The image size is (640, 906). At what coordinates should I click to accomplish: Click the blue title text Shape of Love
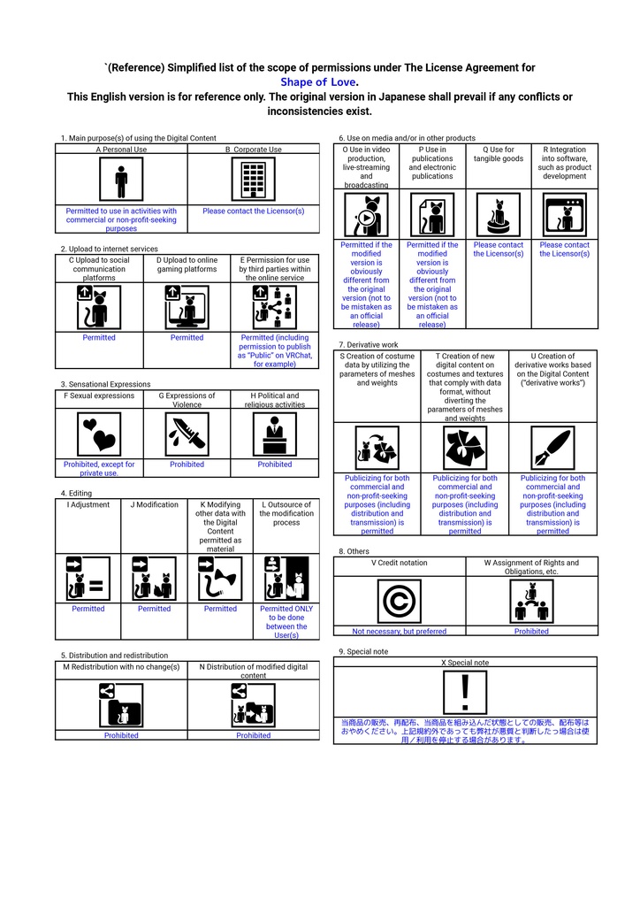tap(318, 82)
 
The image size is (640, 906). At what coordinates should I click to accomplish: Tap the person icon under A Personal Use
tap(121, 180)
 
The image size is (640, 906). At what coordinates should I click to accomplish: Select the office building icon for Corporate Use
tap(254, 180)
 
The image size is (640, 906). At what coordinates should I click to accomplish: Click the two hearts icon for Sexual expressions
tap(99, 434)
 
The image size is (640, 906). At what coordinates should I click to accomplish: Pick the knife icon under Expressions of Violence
tap(187, 434)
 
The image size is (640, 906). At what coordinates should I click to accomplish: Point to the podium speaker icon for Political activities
tap(275, 434)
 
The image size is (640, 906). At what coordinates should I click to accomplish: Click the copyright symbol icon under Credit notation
tap(400, 602)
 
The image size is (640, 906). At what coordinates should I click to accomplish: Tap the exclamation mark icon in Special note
tap(465, 693)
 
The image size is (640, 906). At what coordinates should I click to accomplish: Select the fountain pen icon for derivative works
tap(552, 448)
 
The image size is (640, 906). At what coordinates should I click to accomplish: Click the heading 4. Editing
tap(76, 494)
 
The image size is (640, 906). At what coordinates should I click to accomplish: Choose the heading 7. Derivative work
tap(369, 344)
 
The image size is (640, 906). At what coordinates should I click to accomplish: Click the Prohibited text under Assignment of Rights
tap(531, 632)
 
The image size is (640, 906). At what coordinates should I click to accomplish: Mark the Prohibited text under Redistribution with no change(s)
tap(121, 735)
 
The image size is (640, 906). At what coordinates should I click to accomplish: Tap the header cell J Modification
tap(154, 504)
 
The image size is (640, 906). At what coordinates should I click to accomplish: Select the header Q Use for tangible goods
tap(499, 154)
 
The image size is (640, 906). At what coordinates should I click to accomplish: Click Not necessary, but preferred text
tap(400, 632)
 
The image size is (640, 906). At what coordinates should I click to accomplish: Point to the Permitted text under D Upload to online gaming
tap(187, 337)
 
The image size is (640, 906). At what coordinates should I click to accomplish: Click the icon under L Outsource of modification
tap(286, 579)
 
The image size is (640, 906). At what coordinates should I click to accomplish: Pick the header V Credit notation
tap(400, 563)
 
